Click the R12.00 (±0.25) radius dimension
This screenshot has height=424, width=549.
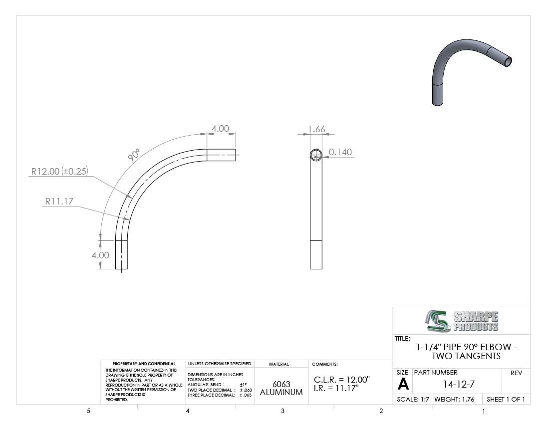click(x=59, y=171)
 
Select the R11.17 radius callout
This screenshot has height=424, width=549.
click(x=59, y=202)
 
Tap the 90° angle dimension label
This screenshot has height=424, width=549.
click(x=133, y=155)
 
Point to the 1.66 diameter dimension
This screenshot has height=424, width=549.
click(x=316, y=129)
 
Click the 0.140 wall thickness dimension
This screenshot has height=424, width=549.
click(x=340, y=152)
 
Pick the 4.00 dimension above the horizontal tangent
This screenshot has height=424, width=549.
click(x=220, y=129)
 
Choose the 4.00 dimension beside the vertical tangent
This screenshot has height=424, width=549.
click(x=100, y=255)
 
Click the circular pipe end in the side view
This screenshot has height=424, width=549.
click(x=316, y=155)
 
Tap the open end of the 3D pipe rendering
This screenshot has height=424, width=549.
click(x=508, y=61)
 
